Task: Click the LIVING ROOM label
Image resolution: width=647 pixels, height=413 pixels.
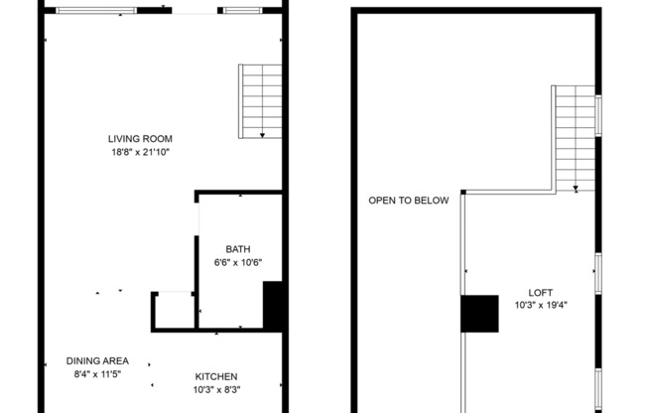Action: [x=140, y=138]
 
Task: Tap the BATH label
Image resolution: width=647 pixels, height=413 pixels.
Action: [x=237, y=249]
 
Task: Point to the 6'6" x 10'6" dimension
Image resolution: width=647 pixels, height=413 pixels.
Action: [x=237, y=262]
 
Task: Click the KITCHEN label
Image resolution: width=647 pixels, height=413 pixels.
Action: [x=215, y=376]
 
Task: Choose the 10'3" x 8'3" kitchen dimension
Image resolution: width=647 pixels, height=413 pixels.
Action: [x=215, y=389]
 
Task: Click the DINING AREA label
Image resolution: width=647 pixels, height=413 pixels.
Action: [x=97, y=360]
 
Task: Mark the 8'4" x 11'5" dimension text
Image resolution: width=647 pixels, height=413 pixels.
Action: [x=97, y=373]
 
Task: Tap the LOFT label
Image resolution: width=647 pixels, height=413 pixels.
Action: [x=540, y=292]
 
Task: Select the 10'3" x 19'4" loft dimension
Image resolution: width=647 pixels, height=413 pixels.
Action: [x=540, y=305]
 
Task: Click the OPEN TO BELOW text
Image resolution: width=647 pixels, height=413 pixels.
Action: [x=408, y=201]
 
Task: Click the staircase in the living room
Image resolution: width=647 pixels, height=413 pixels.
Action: [x=260, y=101]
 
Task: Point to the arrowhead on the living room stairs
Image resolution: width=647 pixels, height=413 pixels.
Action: [x=263, y=134]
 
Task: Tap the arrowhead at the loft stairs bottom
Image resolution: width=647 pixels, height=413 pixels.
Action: [x=576, y=188]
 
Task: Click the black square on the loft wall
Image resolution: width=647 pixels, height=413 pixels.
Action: [x=479, y=314]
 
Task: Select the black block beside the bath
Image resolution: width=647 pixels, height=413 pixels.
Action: [x=273, y=305]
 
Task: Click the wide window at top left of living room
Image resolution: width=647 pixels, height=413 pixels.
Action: [x=96, y=10]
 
